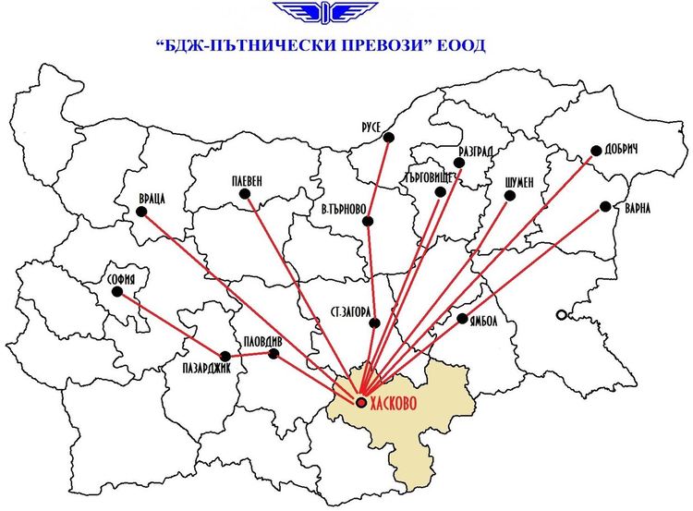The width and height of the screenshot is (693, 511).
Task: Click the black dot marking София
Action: [117, 292]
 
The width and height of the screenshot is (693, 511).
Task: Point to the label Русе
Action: [371, 127]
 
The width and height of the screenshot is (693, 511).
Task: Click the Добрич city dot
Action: [596, 151]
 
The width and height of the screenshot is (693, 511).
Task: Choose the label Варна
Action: [637, 208]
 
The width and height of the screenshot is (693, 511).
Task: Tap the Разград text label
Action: [477, 152]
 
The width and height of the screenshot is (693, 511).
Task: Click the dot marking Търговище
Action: [441, 192]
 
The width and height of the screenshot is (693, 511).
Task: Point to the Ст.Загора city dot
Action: [375, 322]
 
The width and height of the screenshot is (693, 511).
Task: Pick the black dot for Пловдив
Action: [273, 354]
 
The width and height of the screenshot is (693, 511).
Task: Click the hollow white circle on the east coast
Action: [561, 316]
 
